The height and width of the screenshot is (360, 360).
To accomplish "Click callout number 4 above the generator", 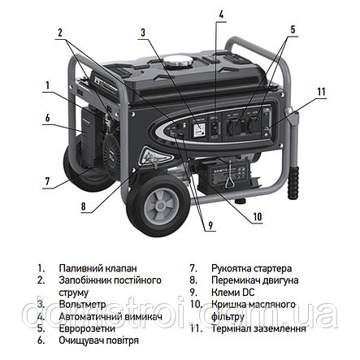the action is point(221,14).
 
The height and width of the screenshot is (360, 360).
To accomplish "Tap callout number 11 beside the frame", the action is point(321,92).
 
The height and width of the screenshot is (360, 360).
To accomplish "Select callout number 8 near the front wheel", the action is point(84,206).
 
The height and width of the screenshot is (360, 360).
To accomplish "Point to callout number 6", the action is point(48,118).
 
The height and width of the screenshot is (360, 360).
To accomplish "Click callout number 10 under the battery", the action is point(258,217).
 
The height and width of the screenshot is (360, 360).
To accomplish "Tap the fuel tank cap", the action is point(178,62).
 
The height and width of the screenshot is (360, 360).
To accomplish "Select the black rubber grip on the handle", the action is point(293,182).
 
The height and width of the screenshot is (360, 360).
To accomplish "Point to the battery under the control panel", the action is point(223,175).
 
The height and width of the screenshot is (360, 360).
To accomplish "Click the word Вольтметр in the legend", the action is point(82,305).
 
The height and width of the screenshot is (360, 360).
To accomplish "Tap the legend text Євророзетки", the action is point(87,328).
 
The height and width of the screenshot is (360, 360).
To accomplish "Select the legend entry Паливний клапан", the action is point(98,268).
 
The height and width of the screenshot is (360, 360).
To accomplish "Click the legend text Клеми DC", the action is point(233,293).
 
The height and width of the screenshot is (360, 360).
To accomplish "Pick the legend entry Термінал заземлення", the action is point(258,328).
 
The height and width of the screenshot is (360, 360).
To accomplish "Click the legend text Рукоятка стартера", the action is point(251,268).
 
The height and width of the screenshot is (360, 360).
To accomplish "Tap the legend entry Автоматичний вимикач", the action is point(111,316).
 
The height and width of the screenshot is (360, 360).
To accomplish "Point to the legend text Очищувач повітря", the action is point(98,340).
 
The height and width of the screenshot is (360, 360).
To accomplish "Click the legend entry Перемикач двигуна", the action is point(254,280).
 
